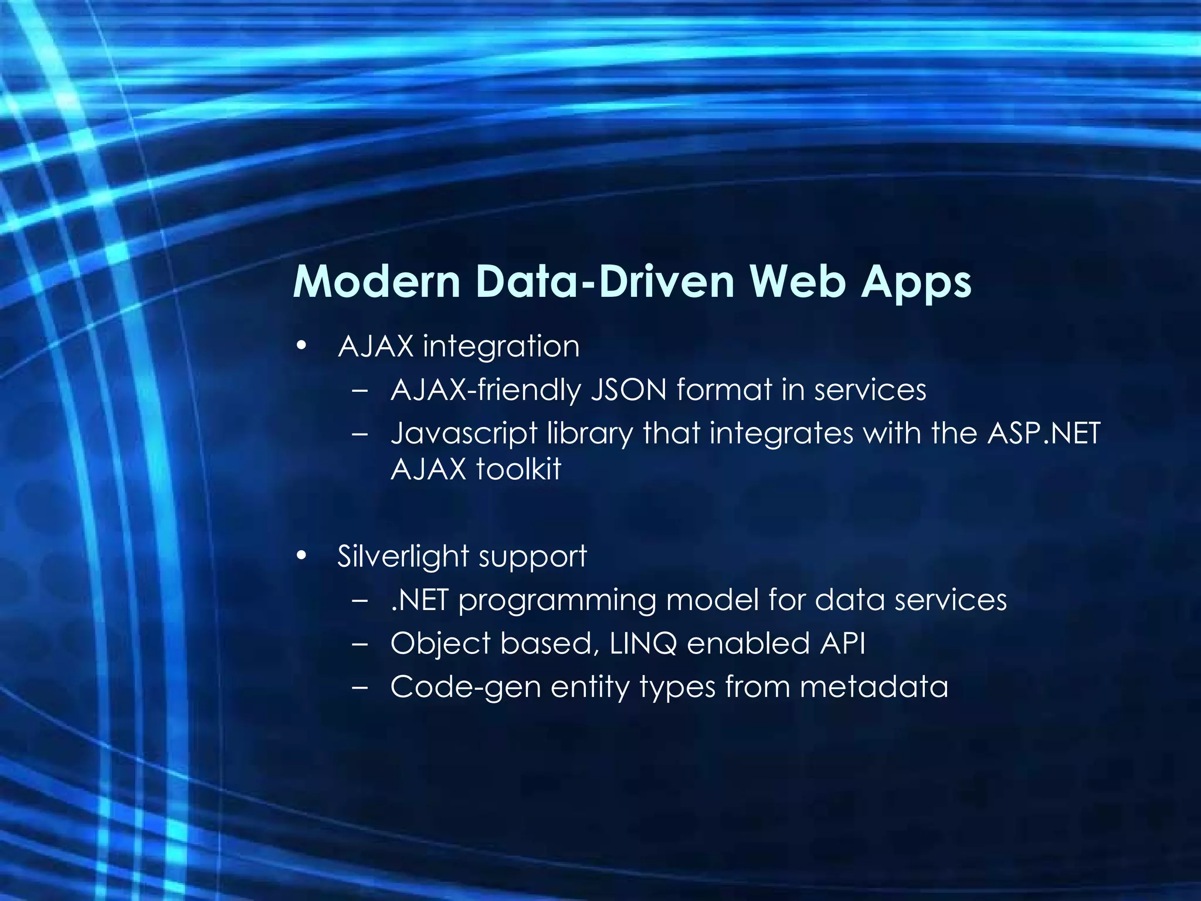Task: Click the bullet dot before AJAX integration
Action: pos(301,346)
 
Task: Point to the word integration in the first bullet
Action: pos(501,346)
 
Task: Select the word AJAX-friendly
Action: pos(485,390)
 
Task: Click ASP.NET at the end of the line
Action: pos(1044,433)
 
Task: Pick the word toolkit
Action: pos(518,469)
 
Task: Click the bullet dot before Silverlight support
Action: pos(301,555)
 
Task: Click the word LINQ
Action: pos(643,643)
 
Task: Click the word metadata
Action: pos(874,687)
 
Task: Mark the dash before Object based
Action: pos(360,644)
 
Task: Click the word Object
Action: pos(440,644)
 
